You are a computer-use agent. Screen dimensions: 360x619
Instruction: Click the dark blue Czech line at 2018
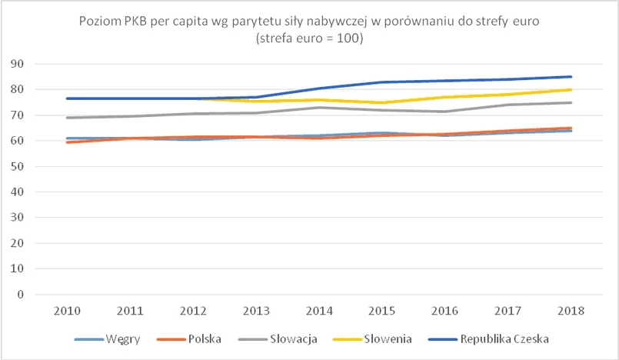(571, 76)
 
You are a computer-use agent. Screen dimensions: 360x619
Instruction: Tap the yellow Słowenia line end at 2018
(571, 89)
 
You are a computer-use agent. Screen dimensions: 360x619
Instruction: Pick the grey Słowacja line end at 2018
(571, 102)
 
